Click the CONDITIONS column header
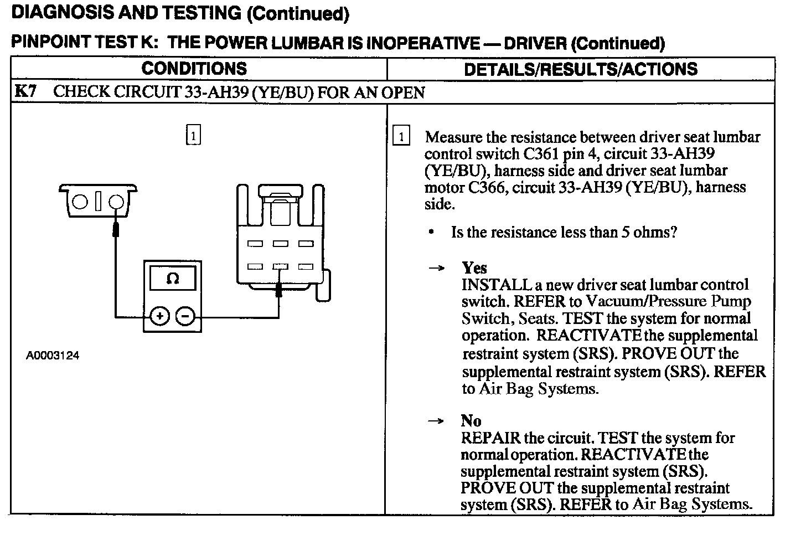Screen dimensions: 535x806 tap(194, 69)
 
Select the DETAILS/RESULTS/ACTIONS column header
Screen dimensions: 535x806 tap(580, 69)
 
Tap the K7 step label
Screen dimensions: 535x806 tap(25, 91)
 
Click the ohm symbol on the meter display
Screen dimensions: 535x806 tap(172, 279)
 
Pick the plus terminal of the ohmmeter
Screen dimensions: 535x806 tap(159, 316)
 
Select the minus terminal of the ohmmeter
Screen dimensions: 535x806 tap(185, 316)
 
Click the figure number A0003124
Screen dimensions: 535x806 tap(53, 356)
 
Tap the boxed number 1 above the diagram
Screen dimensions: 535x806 tap(193, 135)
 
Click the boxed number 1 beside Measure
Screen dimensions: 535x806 tap(401, 136)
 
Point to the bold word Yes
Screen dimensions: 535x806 tap(474, 268)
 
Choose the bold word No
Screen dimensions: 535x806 tap(471, 421)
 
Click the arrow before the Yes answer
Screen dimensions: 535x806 tap(437, 269)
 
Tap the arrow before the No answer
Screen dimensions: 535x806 tap(437, 421)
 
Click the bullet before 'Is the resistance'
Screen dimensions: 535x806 tap(431, 232)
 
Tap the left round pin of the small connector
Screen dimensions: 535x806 tap(80, 201)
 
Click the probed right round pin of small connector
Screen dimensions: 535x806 tap(116, 202)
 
